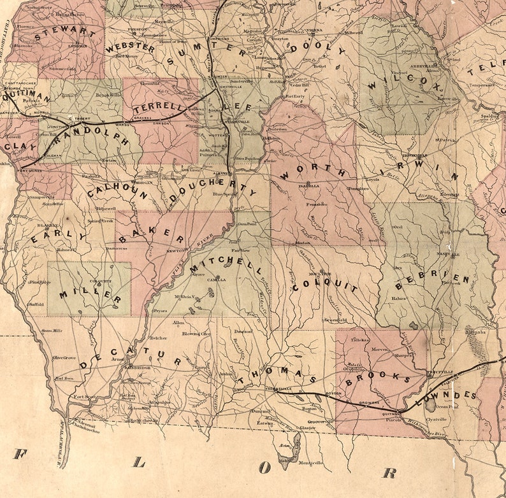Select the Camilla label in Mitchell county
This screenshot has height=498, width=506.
click(x=215, y=280)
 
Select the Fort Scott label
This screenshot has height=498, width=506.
click(x=83, y=397)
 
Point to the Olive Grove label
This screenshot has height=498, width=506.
click(x=64, y=358)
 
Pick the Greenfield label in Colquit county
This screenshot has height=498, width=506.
click(x=335, y=320)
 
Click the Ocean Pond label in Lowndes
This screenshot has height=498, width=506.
click(x=444, y=406)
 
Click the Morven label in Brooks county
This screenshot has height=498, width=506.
click(x=379, y=349)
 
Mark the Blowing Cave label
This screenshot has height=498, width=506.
click(x=196, y=334)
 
